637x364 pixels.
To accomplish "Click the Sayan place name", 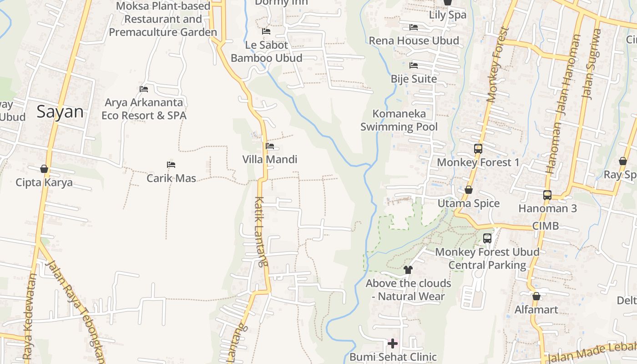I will pos(60,112).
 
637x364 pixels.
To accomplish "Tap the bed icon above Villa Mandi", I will pos(270,146).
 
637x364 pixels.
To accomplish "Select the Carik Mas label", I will pos(171,178).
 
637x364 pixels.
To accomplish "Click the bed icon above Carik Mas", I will pos(171,164).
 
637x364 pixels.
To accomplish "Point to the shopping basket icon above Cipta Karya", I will pos(44,169).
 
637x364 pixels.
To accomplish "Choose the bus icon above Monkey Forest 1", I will pos(478,148).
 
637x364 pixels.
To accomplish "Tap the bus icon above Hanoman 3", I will pos(547,195).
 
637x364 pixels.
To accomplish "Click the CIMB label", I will pos(545,226).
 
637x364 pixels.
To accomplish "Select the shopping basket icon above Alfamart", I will pos(536,296).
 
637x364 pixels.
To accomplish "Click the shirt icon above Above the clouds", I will pos(408,269).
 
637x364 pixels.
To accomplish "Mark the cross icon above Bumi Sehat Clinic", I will pos(393,343).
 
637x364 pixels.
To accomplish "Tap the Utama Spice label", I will pos(469,203).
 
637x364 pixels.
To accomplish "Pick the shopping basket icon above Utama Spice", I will pos(468,190).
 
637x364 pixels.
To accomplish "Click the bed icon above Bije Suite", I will pos(414,66).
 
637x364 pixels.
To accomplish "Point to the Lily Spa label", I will pos(448,15).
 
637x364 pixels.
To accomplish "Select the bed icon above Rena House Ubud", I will pos(414,27).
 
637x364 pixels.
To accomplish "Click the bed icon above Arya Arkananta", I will pos(144,89).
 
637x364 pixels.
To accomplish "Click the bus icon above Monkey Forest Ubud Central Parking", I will pos(487,238).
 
